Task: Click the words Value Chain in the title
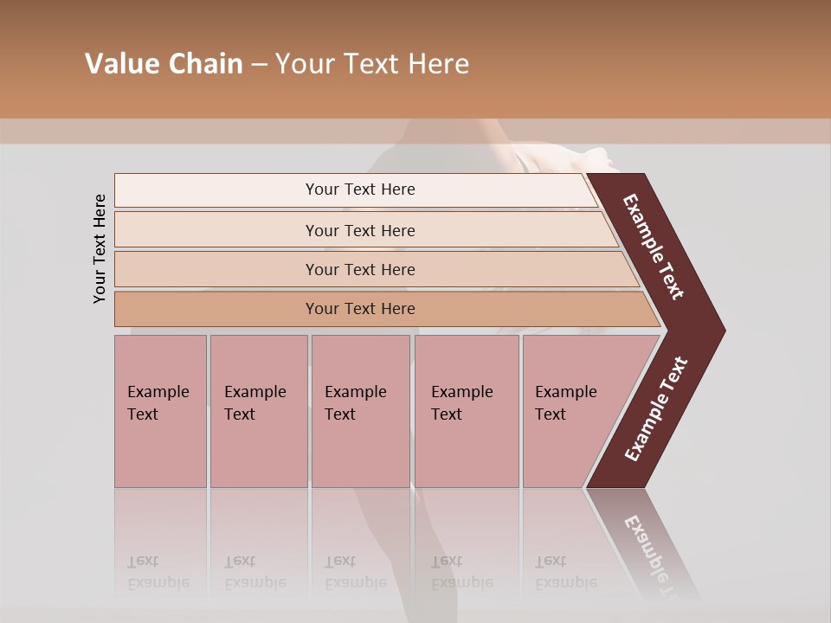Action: [x=164, y=64]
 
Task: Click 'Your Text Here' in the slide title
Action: [x=372, y=64]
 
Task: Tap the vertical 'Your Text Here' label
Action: [x=100, y=248]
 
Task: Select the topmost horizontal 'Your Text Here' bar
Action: [x=360, y=189]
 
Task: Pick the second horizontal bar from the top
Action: [x=360, y=230]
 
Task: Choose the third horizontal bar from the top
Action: [x=360, y=269]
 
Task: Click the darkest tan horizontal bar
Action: [x=360, y=309]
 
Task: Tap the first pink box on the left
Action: [x=160, y=411]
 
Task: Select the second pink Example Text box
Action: [x=258, y=411]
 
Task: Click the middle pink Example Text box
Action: [x=360, y=411]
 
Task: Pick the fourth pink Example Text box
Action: [x=467, y=411]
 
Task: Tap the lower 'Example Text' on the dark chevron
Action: [x=656, y=409]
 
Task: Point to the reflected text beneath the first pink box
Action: [x=158, y=572]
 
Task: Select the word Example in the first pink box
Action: [x=158, y=392]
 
